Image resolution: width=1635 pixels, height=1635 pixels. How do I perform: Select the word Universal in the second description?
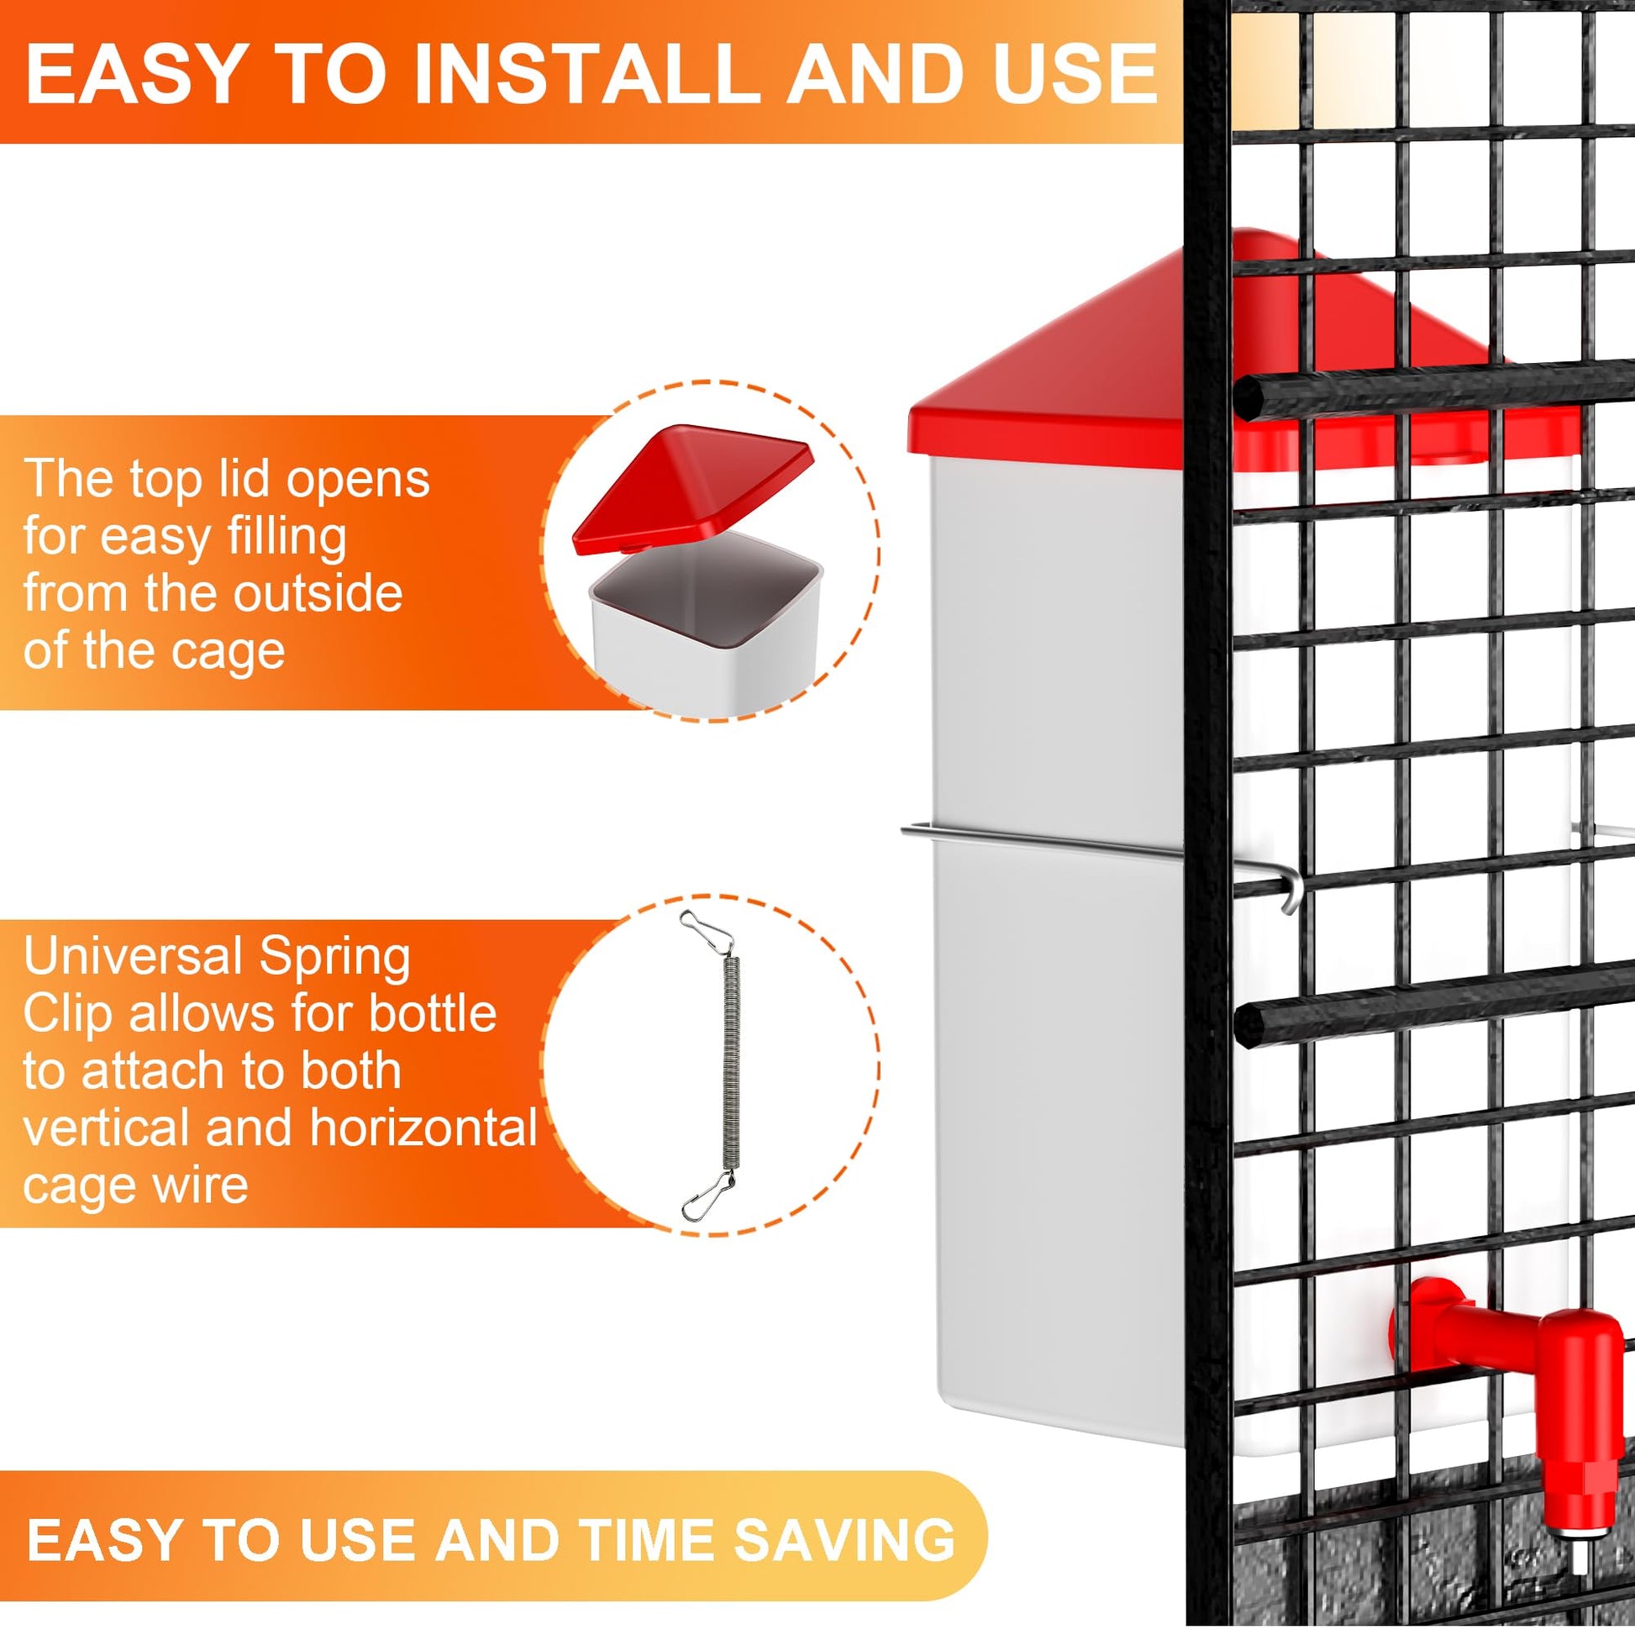click(133, 957)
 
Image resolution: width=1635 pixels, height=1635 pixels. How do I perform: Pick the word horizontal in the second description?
click(423, 1128)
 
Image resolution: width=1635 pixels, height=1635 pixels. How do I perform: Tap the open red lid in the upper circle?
click(692, 488)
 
